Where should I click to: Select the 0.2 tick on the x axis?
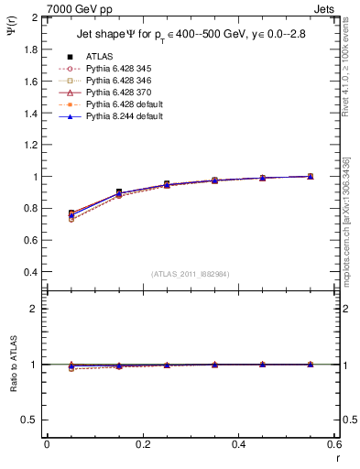point(143,444)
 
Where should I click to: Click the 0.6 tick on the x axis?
point(335,444)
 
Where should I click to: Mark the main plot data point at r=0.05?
point(71,213)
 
